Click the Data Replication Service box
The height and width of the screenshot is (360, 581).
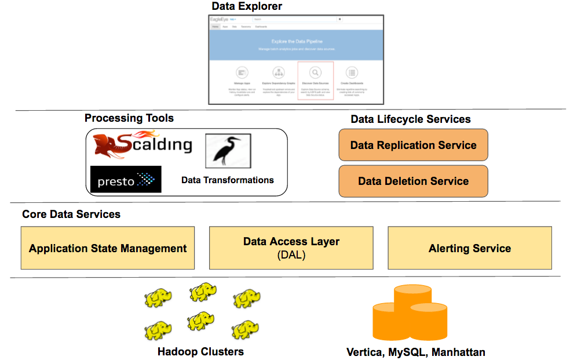coord(413,145)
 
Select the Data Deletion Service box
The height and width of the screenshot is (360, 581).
coord(413,181)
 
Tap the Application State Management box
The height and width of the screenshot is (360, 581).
coord(108,248)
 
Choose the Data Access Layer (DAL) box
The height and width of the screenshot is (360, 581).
coord(291,248)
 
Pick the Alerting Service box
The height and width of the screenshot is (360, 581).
coord(470,248)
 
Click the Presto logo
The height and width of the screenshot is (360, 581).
coord(126,180)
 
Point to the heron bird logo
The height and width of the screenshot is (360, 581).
coord(228,151)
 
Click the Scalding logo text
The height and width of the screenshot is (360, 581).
coord(154,144)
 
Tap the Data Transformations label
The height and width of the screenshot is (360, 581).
coord(228,180)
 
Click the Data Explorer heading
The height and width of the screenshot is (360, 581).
coord(247,7)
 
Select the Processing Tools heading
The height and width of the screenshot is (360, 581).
coord(129,118)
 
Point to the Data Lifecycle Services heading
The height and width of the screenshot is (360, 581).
coord(411,119)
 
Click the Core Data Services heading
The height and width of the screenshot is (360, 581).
coord(71,214)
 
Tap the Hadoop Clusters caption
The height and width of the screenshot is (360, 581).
coord(200,352)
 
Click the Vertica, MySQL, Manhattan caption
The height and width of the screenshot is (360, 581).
coord(416,352)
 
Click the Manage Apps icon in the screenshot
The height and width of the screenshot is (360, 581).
coord(242,72)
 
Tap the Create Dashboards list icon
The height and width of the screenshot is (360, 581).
coord(351,72)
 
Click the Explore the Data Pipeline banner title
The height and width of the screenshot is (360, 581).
coord(297,42)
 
